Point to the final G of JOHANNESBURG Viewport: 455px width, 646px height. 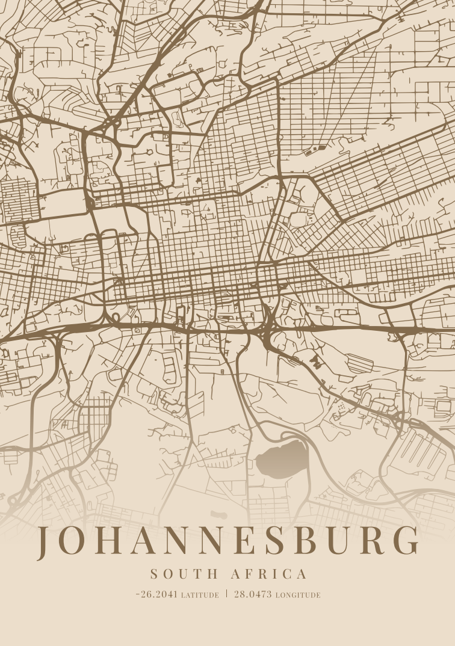click(406, 541)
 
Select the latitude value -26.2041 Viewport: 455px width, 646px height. click(156, 594)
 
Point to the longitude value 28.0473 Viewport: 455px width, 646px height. click(253, 594)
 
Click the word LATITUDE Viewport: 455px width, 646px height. click(200, 595)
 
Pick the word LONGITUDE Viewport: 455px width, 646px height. click(298, 595)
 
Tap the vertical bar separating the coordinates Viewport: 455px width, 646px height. click(226, 594)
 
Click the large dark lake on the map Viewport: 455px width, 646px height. click(279, 460)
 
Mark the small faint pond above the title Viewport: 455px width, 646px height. click(218, 515)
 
